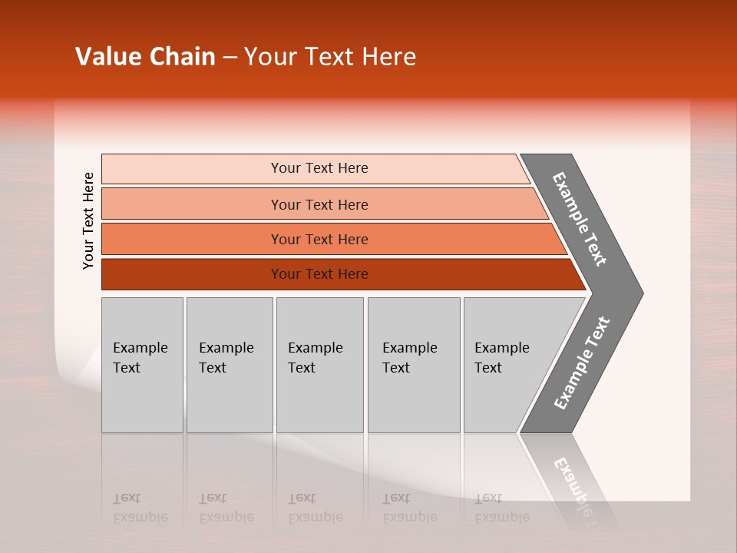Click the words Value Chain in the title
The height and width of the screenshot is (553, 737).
(x=145, y=57)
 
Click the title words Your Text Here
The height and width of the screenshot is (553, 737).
(x=330, y=57)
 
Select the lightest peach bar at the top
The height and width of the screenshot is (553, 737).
(x=192, y=169)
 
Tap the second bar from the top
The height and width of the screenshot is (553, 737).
(x=192, y=204)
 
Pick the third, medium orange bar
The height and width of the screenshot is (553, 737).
(x=192, y=239)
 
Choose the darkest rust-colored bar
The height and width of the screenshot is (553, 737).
(x=192, y=274)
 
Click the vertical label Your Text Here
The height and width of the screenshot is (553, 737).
(x=88, y=220)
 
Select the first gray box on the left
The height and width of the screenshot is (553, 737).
(x=142, y=365)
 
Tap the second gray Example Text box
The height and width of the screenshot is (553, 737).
(x=229, y=365)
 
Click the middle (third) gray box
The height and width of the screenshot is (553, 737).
(x=319, y=365)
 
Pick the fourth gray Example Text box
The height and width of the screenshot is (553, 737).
(x=413, y=365)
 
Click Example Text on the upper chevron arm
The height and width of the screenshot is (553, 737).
(x=580, y=219)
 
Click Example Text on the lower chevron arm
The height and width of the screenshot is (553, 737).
(x=582, y=363)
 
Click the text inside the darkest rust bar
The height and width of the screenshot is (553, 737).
(x=319, y=274)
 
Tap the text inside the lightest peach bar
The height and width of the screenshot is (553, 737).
(x=319, y=168)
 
